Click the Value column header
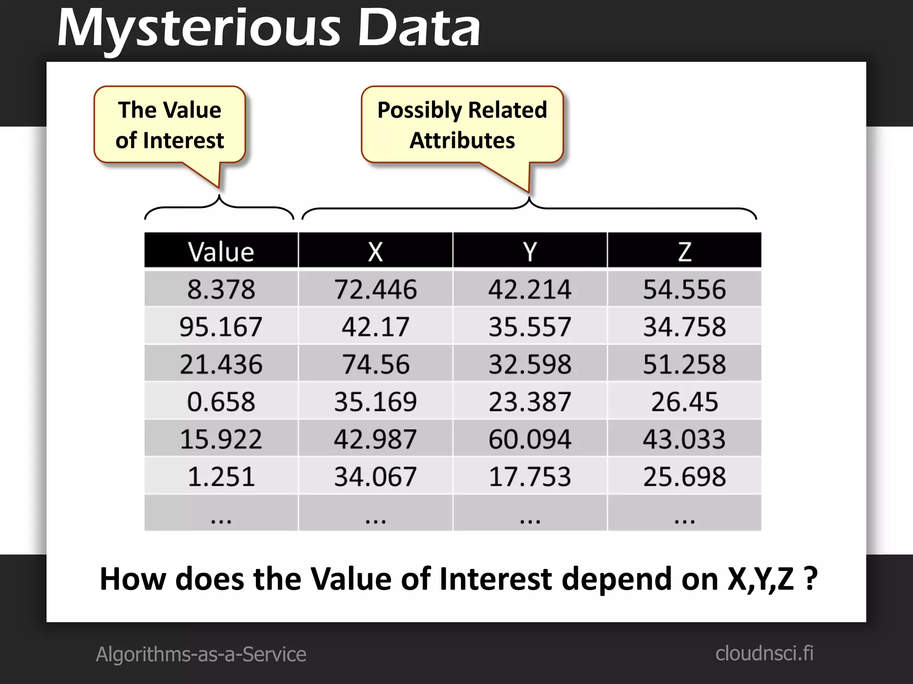tap(221, 251)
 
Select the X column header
tap(375, 251)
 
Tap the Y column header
tap(530, 251)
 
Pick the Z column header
tap(684, 251)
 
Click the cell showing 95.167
tap(221, 326)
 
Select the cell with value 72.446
tap(375, 289)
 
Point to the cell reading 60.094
tap(530, 439)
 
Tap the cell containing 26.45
tap(684, 401)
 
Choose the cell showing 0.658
tap(221, 401)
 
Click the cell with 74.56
tap(375, 364)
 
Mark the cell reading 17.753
tap(530, 476)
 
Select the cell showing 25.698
tap(684, 476)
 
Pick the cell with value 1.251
tap(221, 476)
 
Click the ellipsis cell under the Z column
tap(684, 513)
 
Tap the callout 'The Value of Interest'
tap(170, 125)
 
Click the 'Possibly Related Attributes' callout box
tap(462, 125)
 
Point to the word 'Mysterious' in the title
tap(199, 28)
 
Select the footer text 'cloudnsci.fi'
tap(764, 654)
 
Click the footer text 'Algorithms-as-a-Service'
tap(201, 654)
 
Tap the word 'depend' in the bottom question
tap(617, 579)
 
